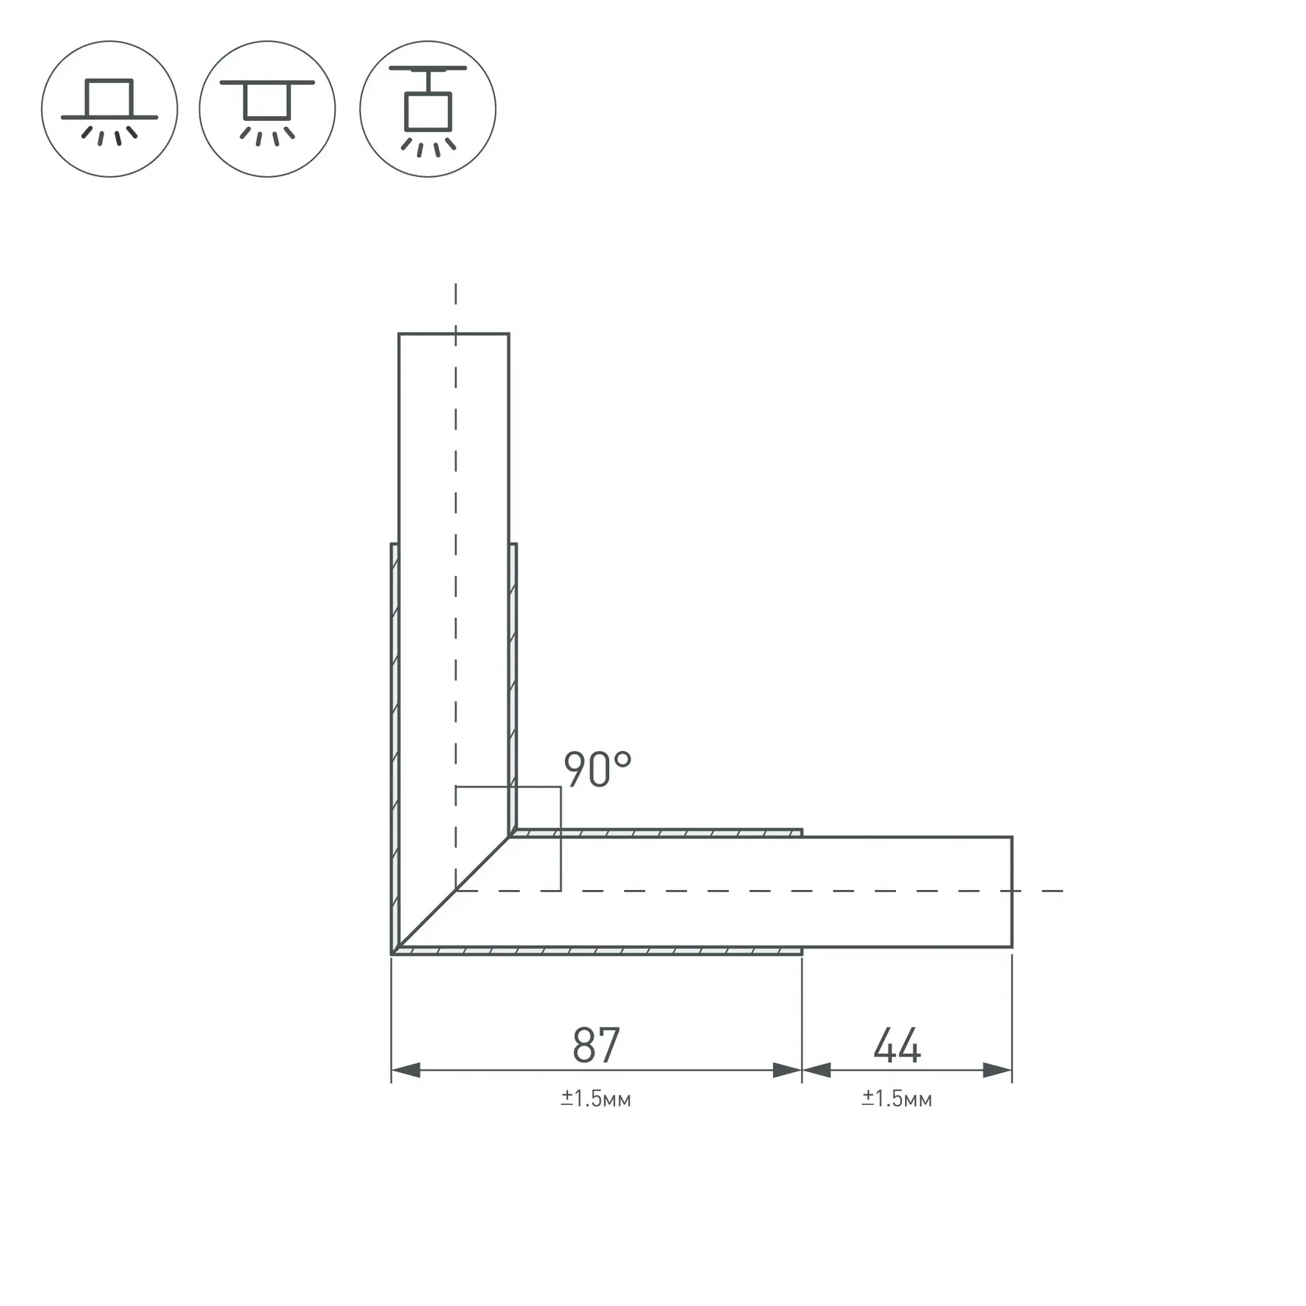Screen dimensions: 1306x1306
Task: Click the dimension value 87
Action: (x=596, y=1045)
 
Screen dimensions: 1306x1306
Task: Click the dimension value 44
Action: (x=897, y=1045)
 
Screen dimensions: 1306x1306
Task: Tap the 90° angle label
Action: (x=598, y=769)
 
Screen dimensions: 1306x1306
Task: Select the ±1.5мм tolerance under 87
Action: (x=596, y=1099)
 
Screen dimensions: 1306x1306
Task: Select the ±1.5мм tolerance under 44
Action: (x=897, y=1099)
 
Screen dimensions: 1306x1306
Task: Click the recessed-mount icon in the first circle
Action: (x=109, y=109)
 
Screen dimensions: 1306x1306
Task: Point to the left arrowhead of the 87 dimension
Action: (x=405, y=1071)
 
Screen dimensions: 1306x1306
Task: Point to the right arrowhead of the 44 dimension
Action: (x=998, y=1071)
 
